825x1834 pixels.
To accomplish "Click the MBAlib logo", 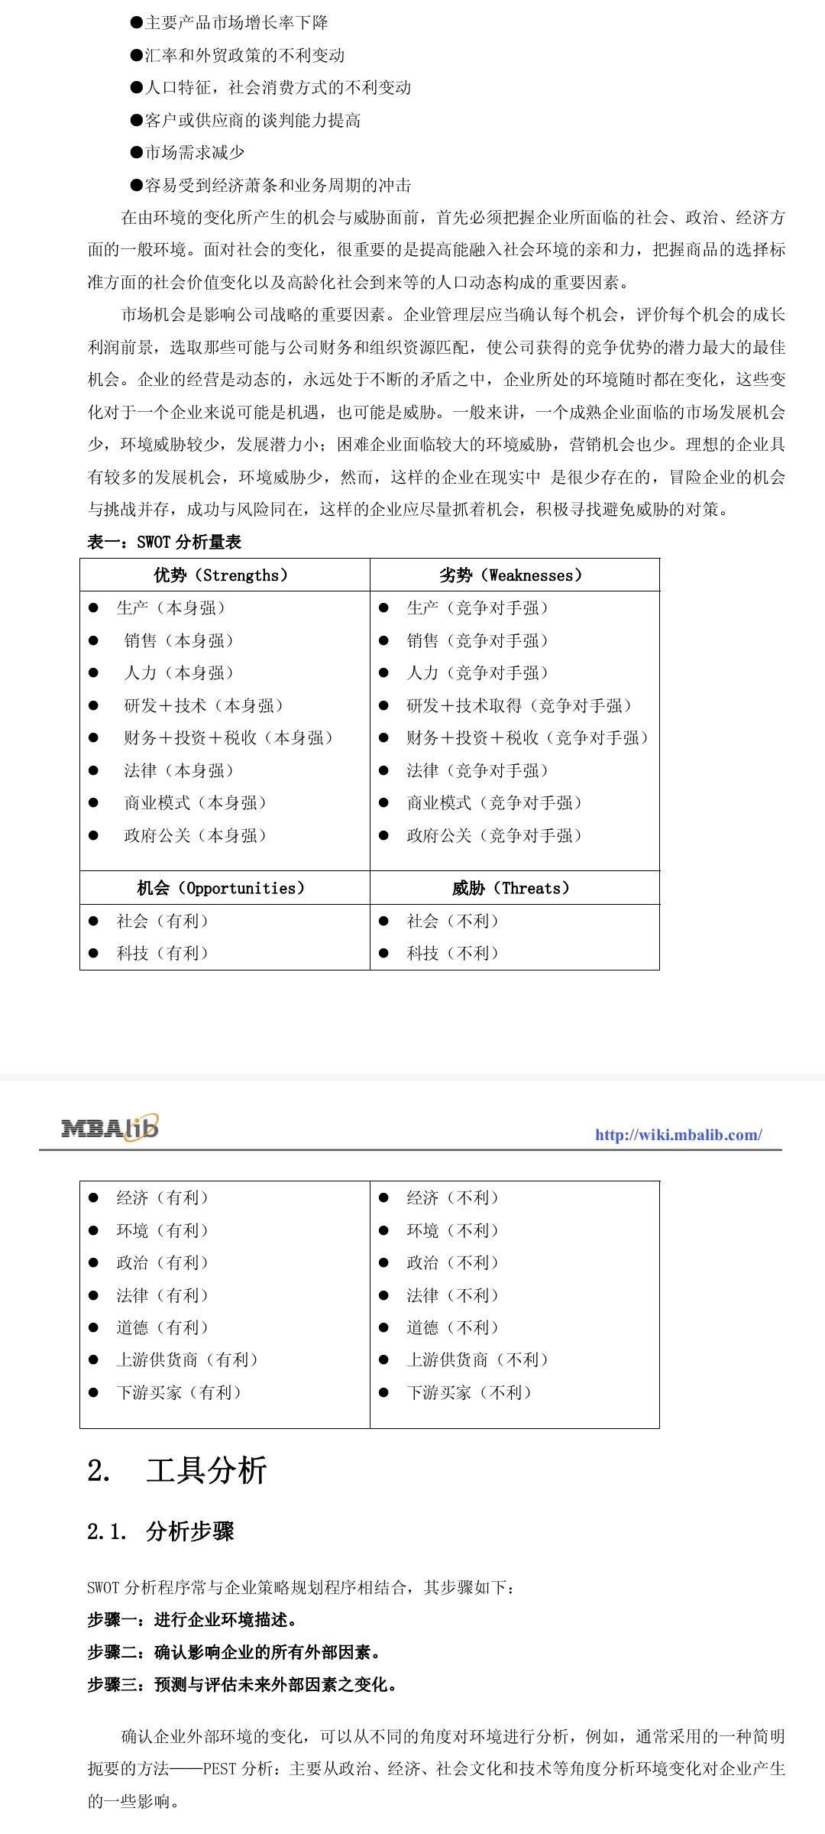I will [110, 1127].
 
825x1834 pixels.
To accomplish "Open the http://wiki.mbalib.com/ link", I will [678, 1135].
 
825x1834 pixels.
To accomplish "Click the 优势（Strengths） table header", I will [222, 575].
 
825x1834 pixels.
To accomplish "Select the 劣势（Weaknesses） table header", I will [511, 575].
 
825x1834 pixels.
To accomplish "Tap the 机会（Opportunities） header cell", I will [222, 888].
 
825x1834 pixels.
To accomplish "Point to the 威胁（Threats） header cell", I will [511, 888].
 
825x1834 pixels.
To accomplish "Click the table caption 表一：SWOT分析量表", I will [164, 543].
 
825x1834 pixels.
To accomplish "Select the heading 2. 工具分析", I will [177, 1470].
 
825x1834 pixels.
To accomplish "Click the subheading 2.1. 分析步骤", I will [161, 1531].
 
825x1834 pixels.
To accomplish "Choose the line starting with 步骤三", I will [243, 1684].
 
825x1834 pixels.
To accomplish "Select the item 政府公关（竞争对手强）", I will [494, 836].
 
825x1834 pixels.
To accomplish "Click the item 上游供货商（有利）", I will [188, 1360].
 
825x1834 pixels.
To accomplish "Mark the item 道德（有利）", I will [163, 1327].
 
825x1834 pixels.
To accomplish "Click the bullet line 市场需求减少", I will [195, 153].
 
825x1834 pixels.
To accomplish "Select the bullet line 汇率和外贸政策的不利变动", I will [244, 55].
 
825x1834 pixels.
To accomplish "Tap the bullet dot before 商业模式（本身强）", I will [93, 803].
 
